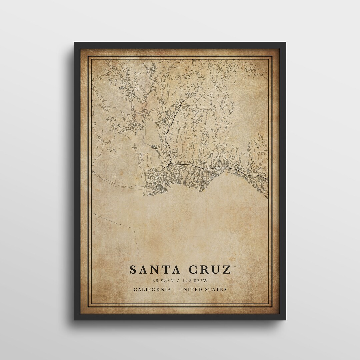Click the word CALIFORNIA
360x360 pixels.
(152, 289)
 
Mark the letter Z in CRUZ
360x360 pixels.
(227, 269)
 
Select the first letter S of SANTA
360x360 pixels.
(133, 269)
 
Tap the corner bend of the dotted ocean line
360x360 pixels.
(134, 229)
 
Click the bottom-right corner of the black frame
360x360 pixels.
(285, 320)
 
